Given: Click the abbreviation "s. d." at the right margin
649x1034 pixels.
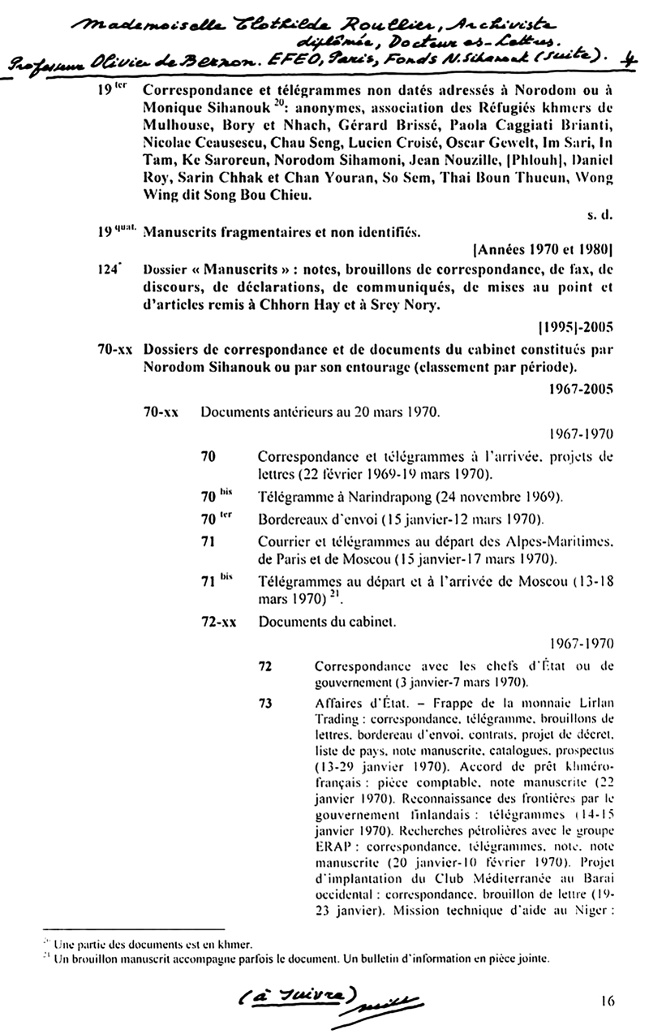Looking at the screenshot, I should click(x=598, y=217).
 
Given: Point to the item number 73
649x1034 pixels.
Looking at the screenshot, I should click(x=264, y=704).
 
